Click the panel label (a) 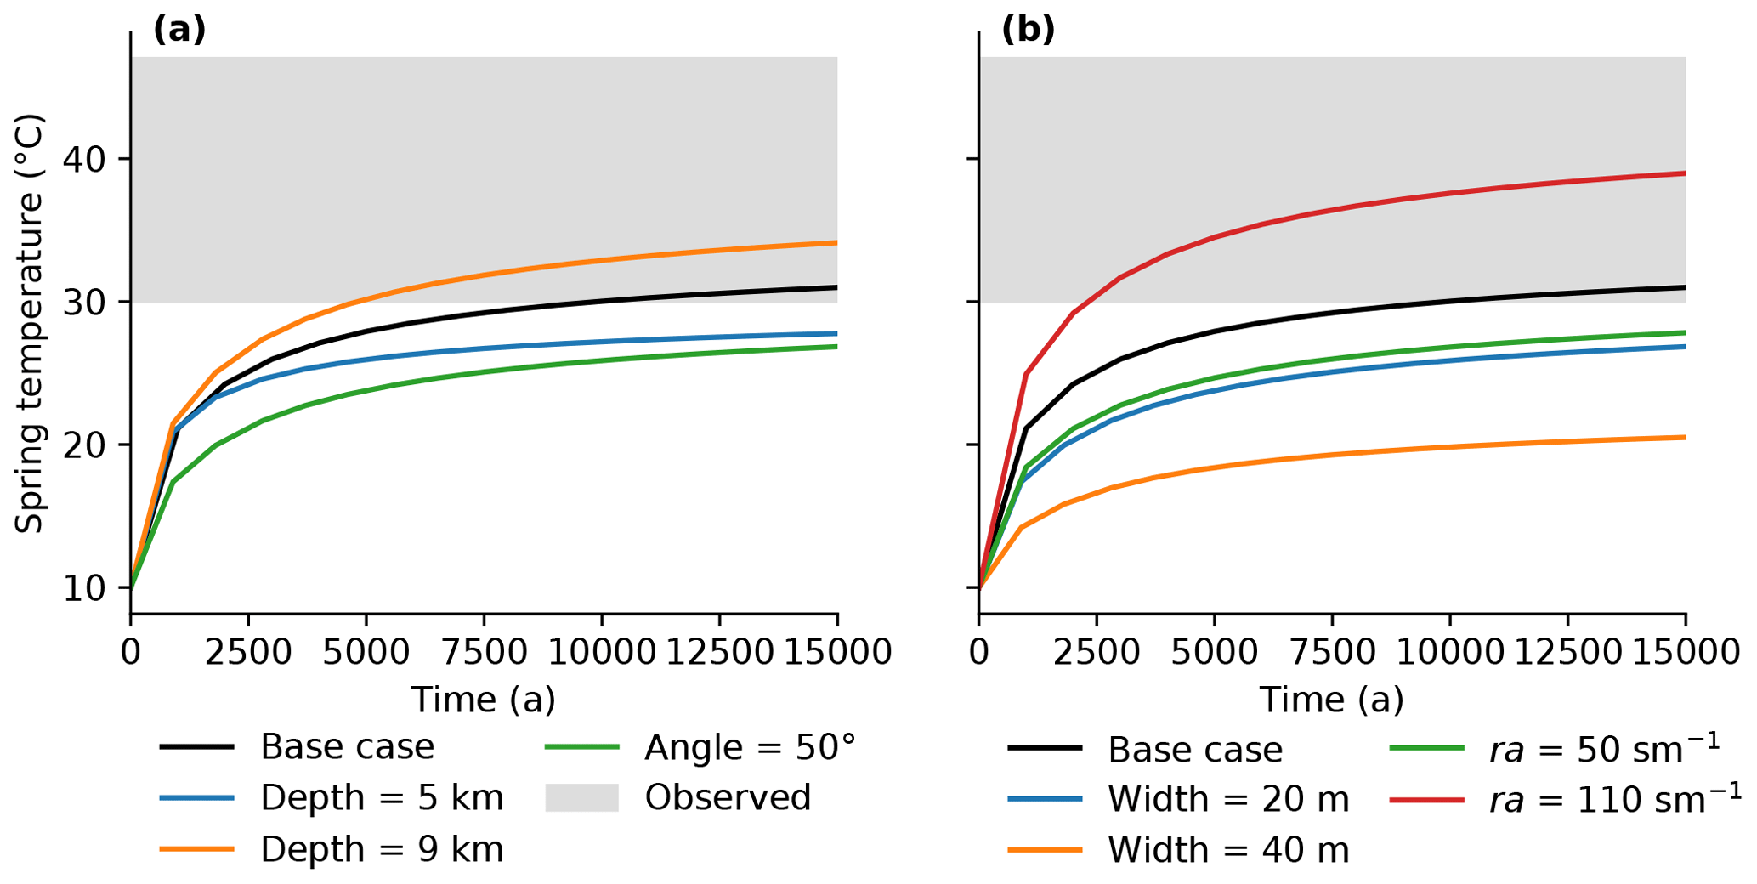click(179, 30)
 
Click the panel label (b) click(1028, 30)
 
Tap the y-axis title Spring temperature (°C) click(29, 323)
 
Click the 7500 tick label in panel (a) click(484, 653)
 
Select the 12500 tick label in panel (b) click(1567, 653)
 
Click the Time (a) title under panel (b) click(1331, 700)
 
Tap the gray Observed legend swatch click(581, 798)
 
